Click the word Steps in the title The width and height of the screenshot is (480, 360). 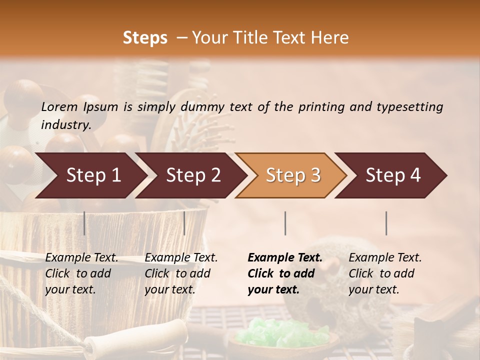coord(145,38)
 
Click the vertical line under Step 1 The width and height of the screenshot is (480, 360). coord(84,223)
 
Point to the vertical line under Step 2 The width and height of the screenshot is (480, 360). coord(184,223)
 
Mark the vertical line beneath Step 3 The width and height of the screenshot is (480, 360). coord(285,223)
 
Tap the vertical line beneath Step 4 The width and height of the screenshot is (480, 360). coord(386,223)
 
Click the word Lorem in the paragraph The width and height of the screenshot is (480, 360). coord(59,106)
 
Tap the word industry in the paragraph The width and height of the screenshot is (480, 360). coord(66,124)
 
